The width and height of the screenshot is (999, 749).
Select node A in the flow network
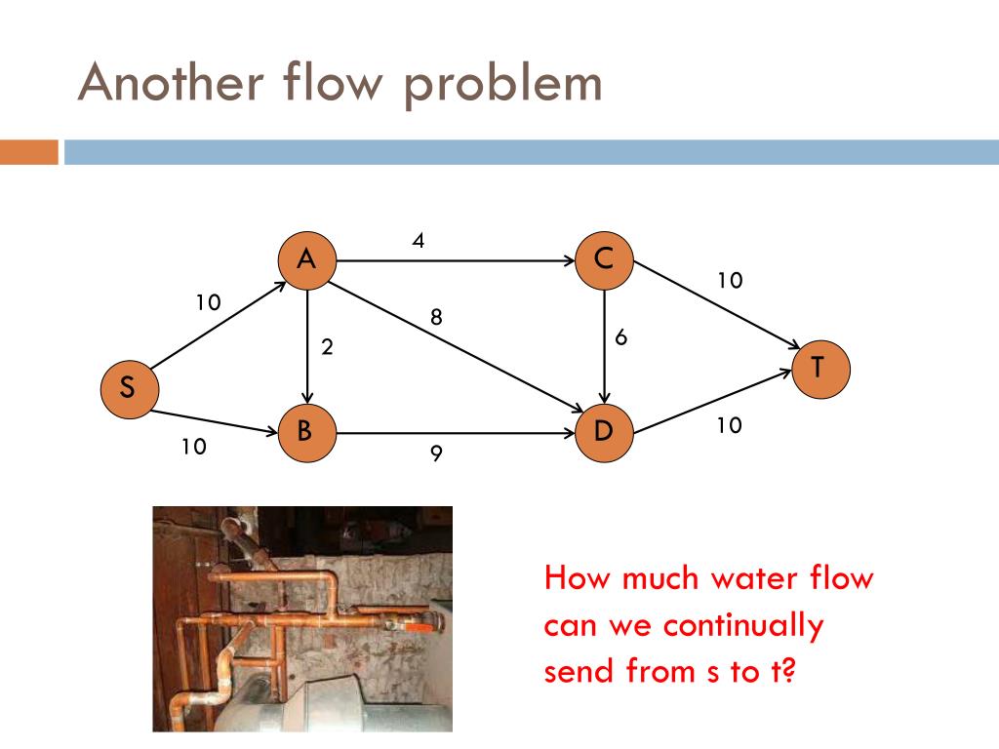(306, 260)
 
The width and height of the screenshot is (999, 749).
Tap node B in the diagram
(306, 430)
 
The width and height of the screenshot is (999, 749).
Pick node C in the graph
(604, 260)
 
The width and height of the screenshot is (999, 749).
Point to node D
(604, 430)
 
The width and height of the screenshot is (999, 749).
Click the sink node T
(819, 369)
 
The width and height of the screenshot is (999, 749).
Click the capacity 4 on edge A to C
(418, 240)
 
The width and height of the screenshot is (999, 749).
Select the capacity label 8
(436, 317)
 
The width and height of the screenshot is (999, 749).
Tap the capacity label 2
(329, 347)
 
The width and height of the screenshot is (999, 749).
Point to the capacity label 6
(620, 337)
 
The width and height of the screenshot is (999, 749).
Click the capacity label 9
(436, 453)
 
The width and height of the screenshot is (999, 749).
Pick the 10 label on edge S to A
(208, 302)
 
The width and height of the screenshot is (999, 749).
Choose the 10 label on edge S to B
(193, 447)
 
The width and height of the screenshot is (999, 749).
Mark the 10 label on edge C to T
(730, 281)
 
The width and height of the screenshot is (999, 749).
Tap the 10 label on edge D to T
(730, 425)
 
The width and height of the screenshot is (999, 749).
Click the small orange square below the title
(28, 152)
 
